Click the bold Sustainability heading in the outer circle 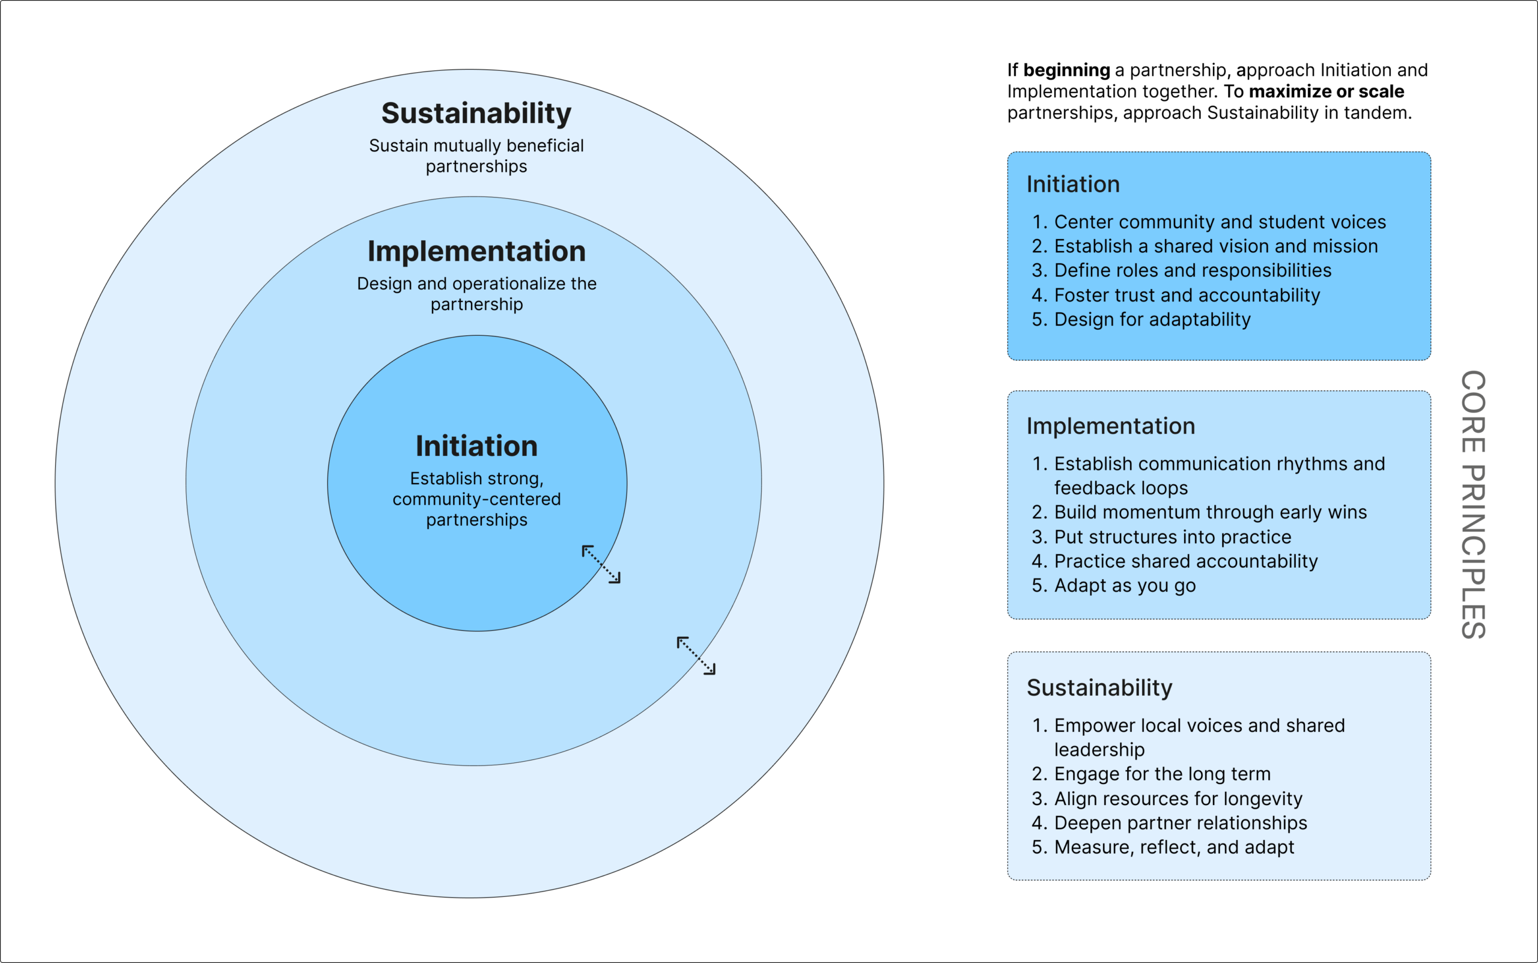pyautogui.click(x=476, y=114)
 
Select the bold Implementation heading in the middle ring pyautogui.click(x=476, y=252)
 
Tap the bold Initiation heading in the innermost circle pyautogui.click(x=476, y=446)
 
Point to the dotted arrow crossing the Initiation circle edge pyautogui.click(x=601, y=564)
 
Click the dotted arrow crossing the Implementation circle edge pyautogui.click(x=696, y=655)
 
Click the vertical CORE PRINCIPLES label pyautogui.click(x=1473, y=505)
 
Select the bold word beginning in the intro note pyautogui.click(x=1067, y=70)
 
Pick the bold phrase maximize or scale pyautogui.click(x=1326, y=92)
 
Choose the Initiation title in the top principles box pyautogui.click(x=1073, y=184)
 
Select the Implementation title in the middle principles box pyautogui.click(x=1111, y=426)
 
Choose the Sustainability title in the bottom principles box pyautogui.click(x=1099, y=688)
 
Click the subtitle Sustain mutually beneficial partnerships pyautogui.click(x=476, y=156)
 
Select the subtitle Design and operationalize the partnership pyautogui.click(x=476, y=294)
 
